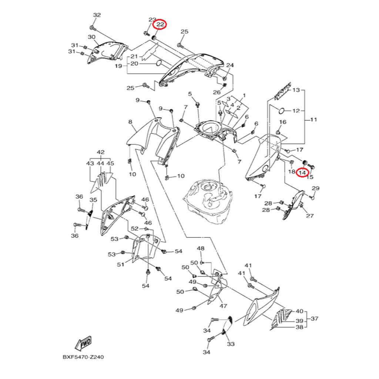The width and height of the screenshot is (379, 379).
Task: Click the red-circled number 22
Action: (160, 25)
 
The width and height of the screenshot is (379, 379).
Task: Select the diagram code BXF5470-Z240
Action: (83, 358)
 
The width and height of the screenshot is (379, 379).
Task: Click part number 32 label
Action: (97, 15)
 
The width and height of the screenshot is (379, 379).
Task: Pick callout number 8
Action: (130, 122)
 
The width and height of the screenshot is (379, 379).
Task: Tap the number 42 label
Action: (101, 152)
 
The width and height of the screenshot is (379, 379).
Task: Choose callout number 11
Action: (313, 120)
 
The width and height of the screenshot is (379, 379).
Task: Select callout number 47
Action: (223, 306)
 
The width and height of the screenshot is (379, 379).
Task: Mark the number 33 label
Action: (231, 344)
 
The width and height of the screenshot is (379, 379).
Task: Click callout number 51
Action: (120, 264)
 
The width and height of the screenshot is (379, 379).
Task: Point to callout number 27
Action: (310, 216)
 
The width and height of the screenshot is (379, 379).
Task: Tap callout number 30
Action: (91, 37)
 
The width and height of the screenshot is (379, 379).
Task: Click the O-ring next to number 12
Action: (281, 110)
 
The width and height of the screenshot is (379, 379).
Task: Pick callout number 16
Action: (282, 122)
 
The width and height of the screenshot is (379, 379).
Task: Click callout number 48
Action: (201, 248)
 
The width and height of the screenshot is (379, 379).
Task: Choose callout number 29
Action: (315, 189)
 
